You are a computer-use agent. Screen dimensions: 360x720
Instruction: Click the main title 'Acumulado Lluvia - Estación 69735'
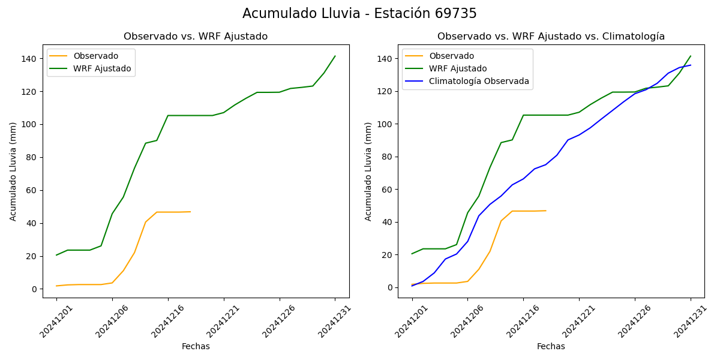(x=359, y=14)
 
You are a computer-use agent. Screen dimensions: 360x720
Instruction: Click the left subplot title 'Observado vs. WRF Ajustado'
(x=196, y=37)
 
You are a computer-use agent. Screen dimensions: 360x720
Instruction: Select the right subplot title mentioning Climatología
(x=551, y=37)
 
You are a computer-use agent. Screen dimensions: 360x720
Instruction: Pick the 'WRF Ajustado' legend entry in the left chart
(x=102, y=69)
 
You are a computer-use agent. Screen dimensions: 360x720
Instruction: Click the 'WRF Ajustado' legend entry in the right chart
(x=458, y=69)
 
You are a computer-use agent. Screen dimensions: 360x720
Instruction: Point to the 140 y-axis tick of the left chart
(x=29, y=59)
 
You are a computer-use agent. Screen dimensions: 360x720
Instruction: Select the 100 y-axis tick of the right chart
(x=385, y=124)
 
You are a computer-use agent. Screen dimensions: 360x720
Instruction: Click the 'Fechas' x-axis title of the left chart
(x=196, y=347)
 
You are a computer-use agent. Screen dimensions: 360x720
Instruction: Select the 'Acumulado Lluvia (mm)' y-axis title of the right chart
(x=368, y=172)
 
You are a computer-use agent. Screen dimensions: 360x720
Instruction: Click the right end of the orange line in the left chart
(x=190, y=212)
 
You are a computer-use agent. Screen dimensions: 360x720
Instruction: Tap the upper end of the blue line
(x=691, y=65)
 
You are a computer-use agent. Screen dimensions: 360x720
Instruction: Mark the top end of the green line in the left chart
(x=335, y=56)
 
